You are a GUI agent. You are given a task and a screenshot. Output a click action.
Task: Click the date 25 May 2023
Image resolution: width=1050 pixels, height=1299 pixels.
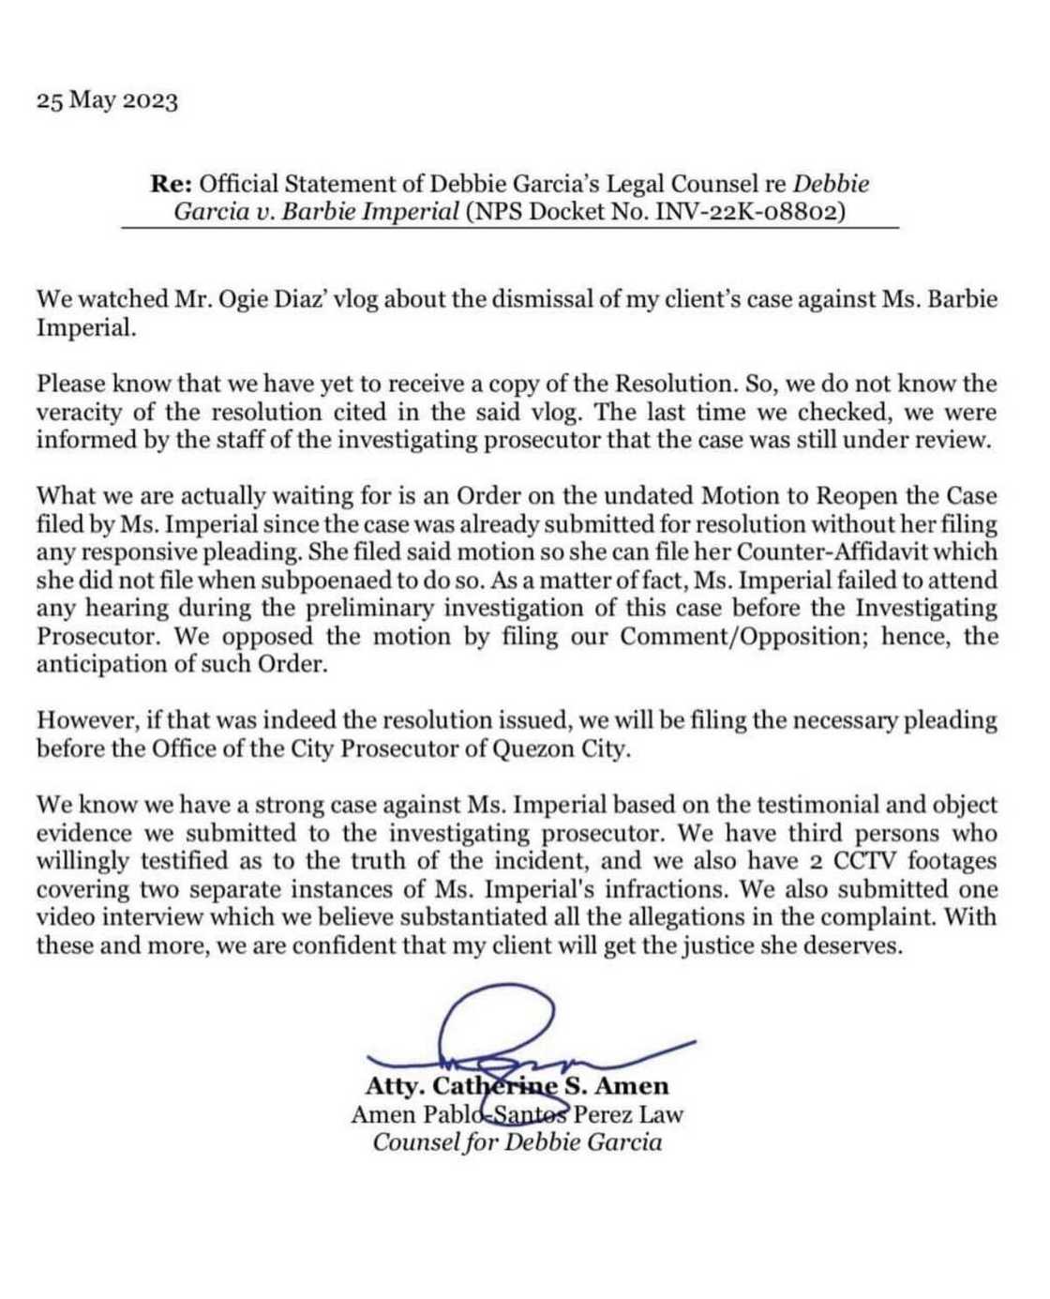(x=107, y=101)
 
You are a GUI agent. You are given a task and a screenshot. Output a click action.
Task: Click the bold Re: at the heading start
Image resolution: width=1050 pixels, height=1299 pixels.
(x=172, y=185)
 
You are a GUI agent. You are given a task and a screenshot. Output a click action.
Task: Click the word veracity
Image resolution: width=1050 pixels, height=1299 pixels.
(x=78, y=412)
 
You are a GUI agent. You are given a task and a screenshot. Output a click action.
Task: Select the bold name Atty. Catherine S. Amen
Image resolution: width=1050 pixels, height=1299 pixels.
(x=517, y=1086)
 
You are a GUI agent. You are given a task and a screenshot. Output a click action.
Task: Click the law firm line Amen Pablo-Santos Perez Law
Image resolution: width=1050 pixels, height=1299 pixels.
(x=517, y=1114)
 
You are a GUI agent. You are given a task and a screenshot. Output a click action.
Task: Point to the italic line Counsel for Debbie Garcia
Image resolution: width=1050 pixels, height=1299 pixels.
(x=517, y=1142)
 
